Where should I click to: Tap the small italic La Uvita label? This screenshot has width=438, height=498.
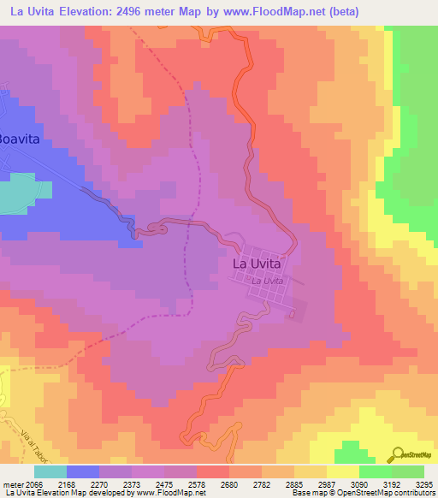pyautogui.click(x=267, y=281)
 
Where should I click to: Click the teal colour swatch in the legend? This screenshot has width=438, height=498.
pyautogui.click(x=50, y=471)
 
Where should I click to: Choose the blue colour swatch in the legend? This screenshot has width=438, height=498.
pyautogui.click(x=82, y=471)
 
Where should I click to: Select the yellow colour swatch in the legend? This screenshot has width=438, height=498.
pyautogui.click(x=342, y=471)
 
